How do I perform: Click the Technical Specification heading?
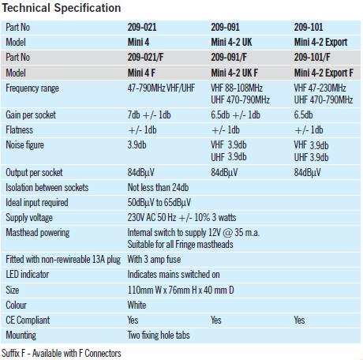(62, 8)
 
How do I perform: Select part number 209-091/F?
(229, 58)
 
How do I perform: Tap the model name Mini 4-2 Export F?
(324, 73)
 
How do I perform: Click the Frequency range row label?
(32, 88)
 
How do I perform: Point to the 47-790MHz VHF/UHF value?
(161, 88)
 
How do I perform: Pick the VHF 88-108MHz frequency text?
(237, 88)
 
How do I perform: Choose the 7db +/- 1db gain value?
(149, 115)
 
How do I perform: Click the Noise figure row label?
(25, 145)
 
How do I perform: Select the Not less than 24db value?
(158, 188)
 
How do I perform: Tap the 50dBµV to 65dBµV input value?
(159, 203)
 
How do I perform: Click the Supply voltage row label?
(29, 218)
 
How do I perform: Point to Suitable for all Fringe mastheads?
(180, 245)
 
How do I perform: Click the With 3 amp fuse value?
(154, 260)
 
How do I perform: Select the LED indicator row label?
(28, 275)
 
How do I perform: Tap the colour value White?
(137, 305)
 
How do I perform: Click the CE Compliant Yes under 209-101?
(299, 321)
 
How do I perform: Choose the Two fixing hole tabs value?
(159, 336)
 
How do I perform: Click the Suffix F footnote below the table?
(62, 353)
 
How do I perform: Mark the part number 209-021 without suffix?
(142, 28)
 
